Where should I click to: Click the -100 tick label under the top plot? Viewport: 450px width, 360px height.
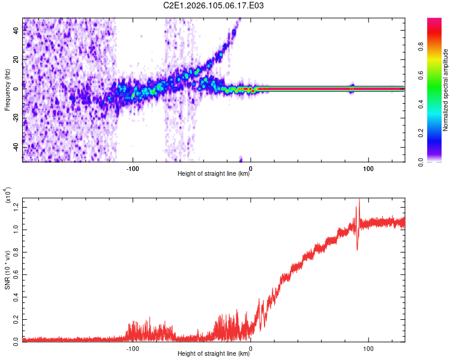point(133,167)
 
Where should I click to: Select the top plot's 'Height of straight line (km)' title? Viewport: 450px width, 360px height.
point(214,174)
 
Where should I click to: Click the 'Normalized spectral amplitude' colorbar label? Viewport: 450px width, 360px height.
point(446,90)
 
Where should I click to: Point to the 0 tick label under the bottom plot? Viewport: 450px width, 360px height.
point(250,347)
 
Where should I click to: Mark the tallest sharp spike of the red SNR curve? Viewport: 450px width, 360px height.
point(359,200)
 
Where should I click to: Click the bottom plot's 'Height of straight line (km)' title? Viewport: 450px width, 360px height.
point(214,354)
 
